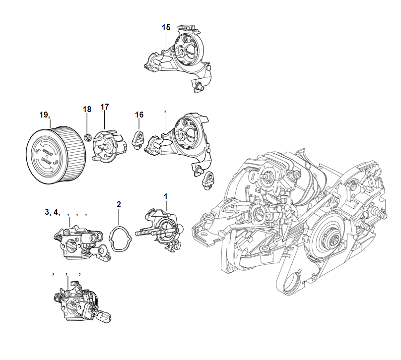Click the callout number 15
point(166,27)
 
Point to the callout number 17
point(104,107)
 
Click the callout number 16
point(139,115)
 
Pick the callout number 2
point(119,204)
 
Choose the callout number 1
point(166,197)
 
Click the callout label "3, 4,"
point(52,212)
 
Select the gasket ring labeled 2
point(120,239)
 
